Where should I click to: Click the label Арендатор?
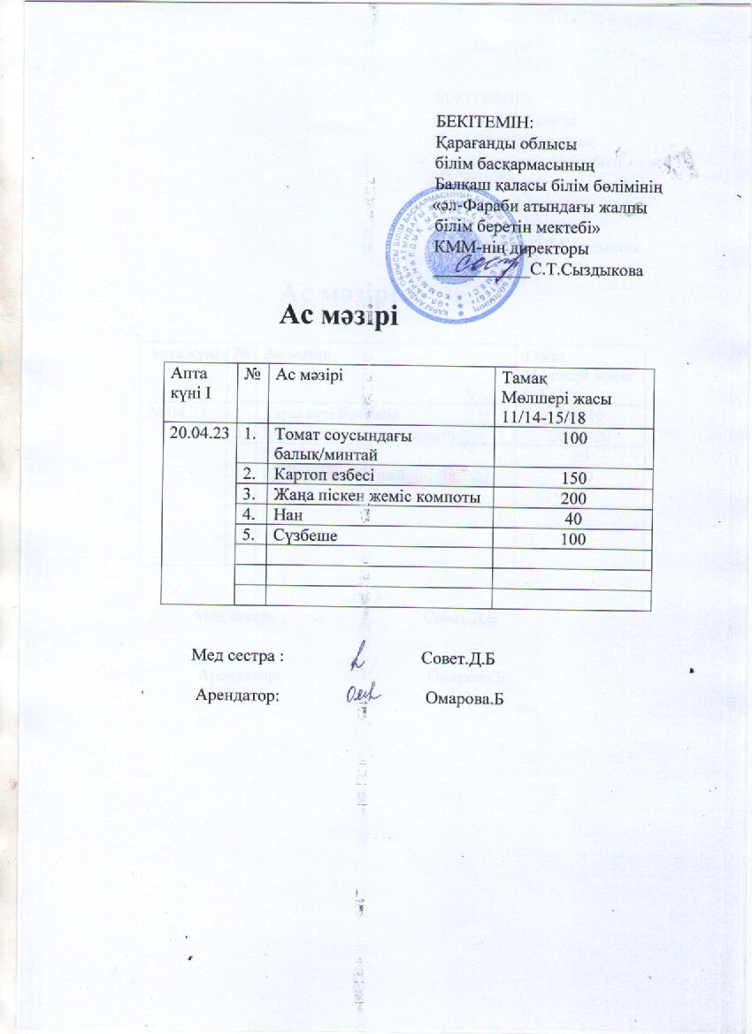pos(238,696)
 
